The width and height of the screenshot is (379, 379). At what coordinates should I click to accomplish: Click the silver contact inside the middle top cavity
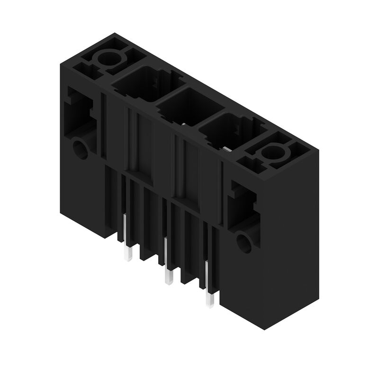tap(183, 125)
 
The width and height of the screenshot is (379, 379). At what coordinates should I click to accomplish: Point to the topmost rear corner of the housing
tap(114, 34)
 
